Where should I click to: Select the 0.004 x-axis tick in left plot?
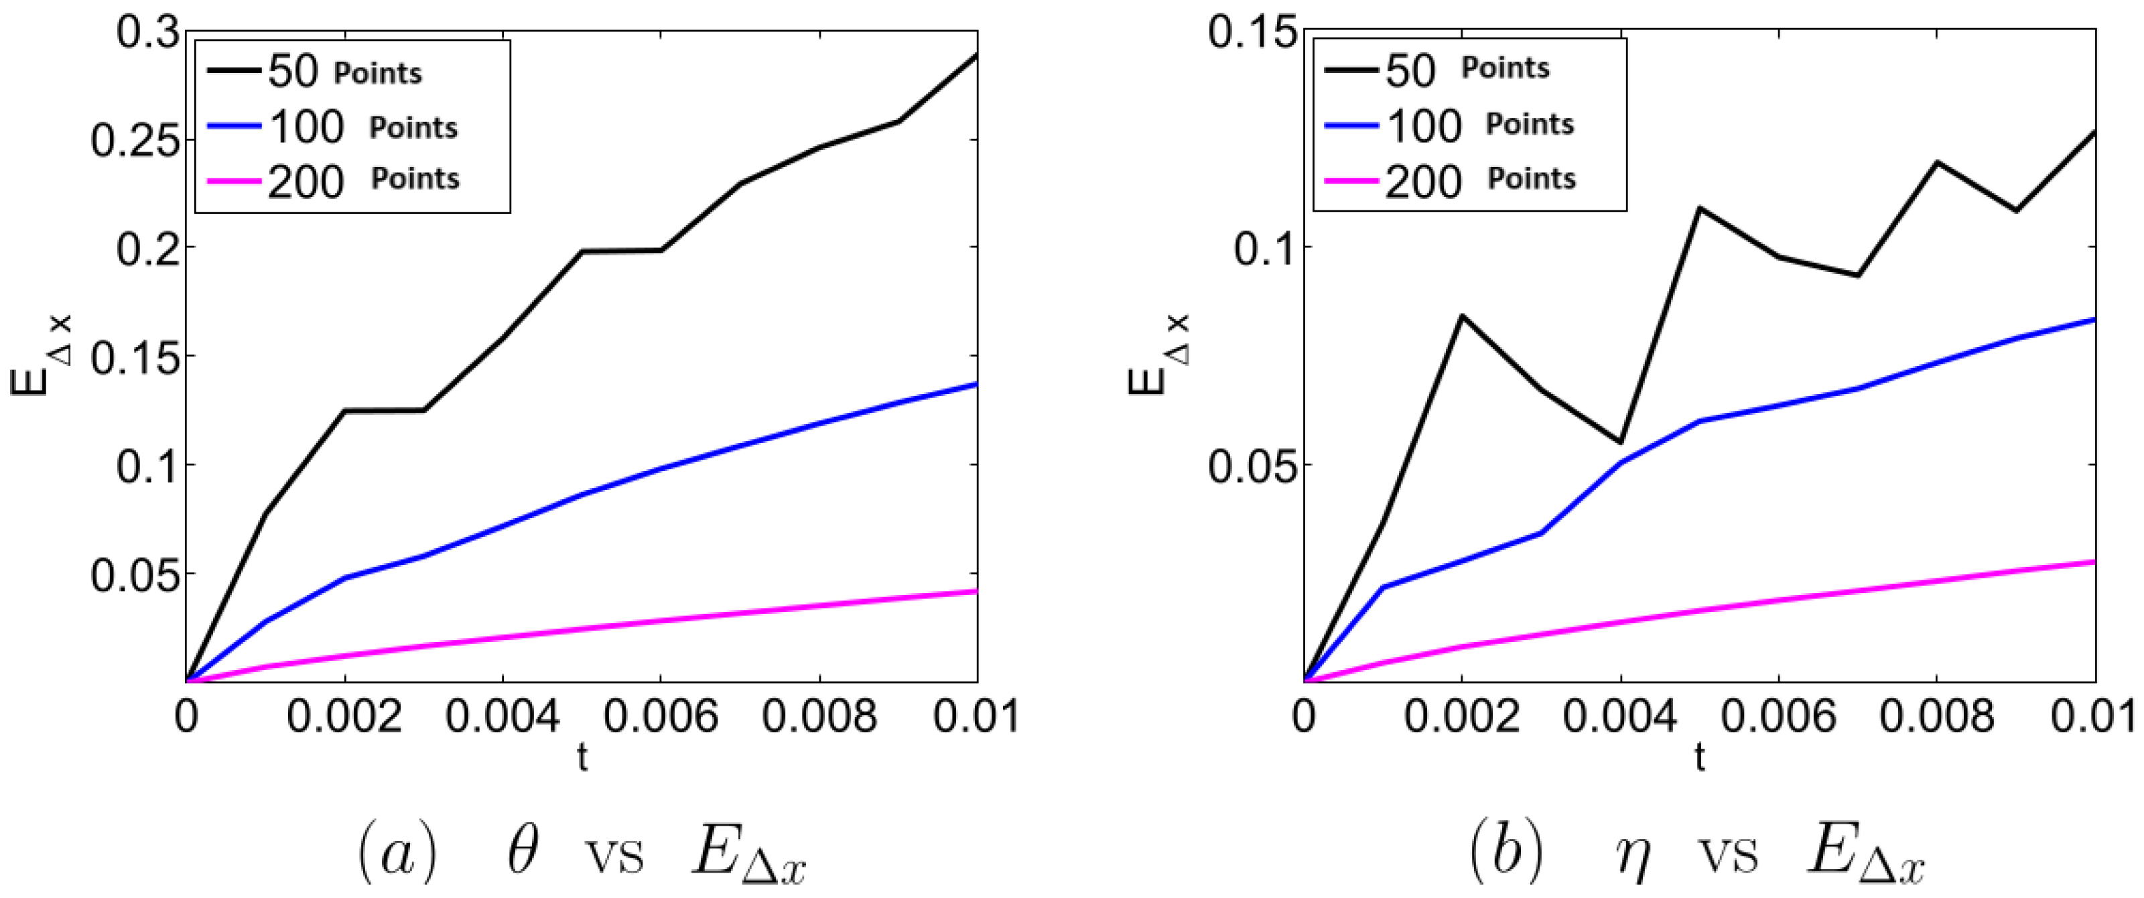tap(503, 718)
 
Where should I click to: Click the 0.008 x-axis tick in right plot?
tap(1937, 718)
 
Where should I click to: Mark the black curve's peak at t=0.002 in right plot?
tap(1461, 316)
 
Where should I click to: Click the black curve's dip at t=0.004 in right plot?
tap(1621, 442)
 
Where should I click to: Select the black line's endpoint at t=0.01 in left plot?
tap(976, 55)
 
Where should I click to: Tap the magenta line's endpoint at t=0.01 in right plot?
tap(2094, 562)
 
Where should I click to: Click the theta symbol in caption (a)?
tap(522, 850)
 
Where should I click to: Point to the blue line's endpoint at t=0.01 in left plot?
tap(976, 384)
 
